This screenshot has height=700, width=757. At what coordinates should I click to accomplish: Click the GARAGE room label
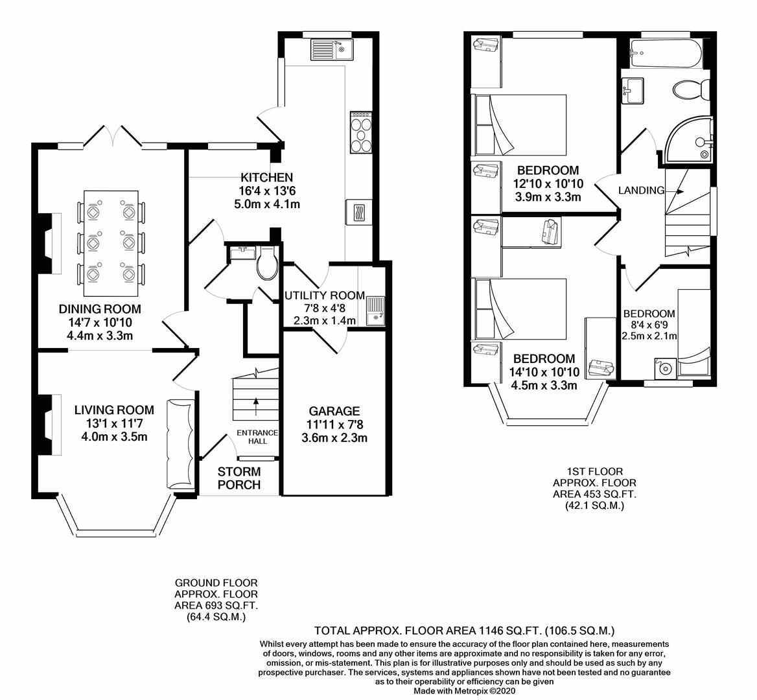tap(334, 411)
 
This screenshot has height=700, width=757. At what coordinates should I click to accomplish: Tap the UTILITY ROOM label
tap(324, 296)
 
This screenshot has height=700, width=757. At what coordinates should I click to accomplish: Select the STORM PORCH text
tap(239, 478)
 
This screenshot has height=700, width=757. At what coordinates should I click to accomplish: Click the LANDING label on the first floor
tap(641, 191)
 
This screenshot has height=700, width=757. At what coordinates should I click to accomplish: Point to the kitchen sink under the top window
tap(330, 50)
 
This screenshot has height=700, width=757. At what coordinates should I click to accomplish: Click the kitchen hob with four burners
tap(361, 132)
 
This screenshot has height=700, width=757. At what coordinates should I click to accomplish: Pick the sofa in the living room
tap(180, 444)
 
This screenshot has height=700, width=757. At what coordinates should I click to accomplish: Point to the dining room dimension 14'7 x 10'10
tap(100, 322)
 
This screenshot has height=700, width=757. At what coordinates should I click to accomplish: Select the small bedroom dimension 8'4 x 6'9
tap(649, 325)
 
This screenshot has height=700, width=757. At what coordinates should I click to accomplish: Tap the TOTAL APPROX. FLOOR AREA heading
tap(464, 630)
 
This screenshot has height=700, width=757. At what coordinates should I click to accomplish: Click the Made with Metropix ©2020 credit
tap(464, 692)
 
